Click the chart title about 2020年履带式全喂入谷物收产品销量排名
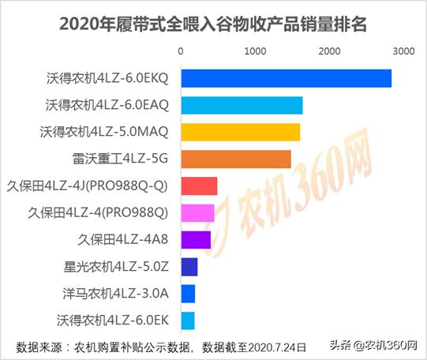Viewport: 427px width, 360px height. point(213,23)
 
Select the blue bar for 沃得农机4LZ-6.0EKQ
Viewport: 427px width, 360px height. point(287,78)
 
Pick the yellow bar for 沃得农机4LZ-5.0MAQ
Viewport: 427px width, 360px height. point(241,132)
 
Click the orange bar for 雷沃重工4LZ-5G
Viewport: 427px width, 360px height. point(236,159)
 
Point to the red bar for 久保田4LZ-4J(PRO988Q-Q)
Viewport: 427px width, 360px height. point(200,186)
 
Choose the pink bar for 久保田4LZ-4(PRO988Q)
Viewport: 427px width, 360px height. point(198,212)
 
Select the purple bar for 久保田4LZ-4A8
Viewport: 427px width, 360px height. point(197,239)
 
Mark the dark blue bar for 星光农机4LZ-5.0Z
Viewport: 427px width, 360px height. point(189,267)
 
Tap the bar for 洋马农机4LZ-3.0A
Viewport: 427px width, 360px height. point(188,294)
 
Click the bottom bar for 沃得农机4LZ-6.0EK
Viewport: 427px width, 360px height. point(188,321)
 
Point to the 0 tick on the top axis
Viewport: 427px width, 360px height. point(182,51)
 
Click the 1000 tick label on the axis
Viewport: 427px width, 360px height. point(255,51)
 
